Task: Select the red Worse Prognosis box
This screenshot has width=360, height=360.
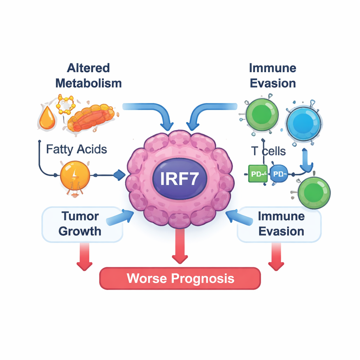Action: (x=180, y=278)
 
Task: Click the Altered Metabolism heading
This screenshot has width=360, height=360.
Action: (x=89, y=75)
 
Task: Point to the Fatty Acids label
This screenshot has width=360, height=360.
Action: (x=76, y=149)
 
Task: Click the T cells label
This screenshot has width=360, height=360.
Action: (x=268, y=151)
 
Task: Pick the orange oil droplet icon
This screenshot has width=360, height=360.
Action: (x=47, y=119)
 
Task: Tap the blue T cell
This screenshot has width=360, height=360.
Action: (x=303, y=123)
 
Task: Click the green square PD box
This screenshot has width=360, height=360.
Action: (x=258, y=174)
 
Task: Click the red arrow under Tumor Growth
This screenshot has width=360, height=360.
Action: (x=85, y=257)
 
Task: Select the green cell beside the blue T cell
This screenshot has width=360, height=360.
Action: (x=262, y=115)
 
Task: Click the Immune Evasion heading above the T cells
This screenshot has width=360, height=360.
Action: (x=272, y=75)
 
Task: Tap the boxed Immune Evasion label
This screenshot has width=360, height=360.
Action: (x=280, y=224)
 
